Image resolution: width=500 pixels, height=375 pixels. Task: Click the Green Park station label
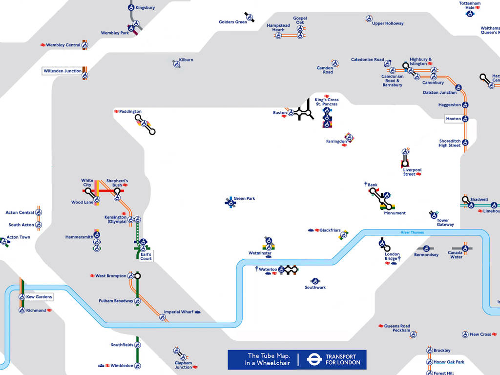tap(244, 199)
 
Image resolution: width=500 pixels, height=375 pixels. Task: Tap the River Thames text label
tap(412, 232)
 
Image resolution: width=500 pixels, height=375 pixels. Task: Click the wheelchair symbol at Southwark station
tap(315, 281)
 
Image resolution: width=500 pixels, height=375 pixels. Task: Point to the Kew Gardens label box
tap(39, 297)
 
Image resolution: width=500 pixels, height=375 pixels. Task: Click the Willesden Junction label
tap(62, 71)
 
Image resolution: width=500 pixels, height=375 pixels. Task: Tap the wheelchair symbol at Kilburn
tap(176, 63)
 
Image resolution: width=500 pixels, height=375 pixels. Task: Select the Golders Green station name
tap(233, 22)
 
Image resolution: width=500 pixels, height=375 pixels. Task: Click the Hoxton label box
tap(453, 119)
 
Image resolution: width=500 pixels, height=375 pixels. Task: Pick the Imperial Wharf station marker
tap(163, 317)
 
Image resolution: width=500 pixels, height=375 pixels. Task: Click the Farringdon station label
tap(336, 142)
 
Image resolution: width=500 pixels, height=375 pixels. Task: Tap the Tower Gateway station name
tap(445, 223)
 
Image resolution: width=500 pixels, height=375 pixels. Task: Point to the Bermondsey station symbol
tap(426, 249)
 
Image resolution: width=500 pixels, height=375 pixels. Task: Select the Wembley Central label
tap(63, 45)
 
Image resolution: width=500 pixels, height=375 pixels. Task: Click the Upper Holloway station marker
tap(369, 19)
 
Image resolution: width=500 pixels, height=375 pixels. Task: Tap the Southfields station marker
tap(138, 345)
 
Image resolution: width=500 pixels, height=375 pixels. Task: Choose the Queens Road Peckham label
tap(397, 328)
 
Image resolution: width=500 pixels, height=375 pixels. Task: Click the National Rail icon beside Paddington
tap(116, 112)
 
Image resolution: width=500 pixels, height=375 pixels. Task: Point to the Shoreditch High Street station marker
tap(465, 143)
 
